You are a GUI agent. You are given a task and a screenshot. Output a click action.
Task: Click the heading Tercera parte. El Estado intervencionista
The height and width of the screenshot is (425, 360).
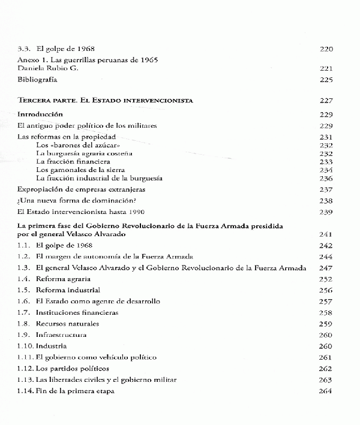(x=105, y=100)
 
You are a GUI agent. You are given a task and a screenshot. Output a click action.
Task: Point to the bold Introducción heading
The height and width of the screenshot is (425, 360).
(x=41, y=114)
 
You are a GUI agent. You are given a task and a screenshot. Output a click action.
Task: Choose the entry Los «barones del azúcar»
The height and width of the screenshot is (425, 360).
(x=69, y=146)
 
